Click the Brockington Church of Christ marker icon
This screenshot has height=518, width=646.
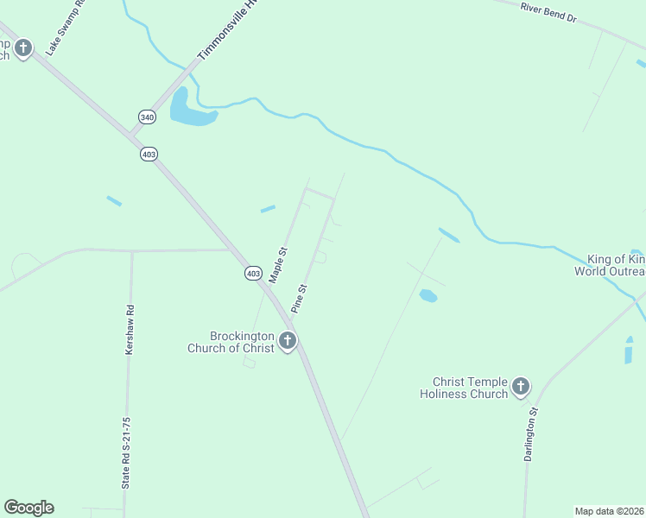[x=288, y=342]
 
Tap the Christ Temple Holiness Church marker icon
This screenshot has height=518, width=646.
[x=521, y=387]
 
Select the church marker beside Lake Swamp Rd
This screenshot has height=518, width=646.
[x=23, y=48]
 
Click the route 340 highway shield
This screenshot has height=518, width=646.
[x=146, y=116]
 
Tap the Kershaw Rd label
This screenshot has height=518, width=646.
[x=130, y=330]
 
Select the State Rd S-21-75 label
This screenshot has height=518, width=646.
[x=126, y=454]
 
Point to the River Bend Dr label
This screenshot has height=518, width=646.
[x=548, y=12]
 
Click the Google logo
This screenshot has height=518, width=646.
[x=28, y=508]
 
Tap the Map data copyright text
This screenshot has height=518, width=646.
[x=609, y=510]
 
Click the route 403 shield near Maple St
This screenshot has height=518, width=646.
[x=252, y=273]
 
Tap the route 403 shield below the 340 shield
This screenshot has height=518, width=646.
[x=149, y=154]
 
